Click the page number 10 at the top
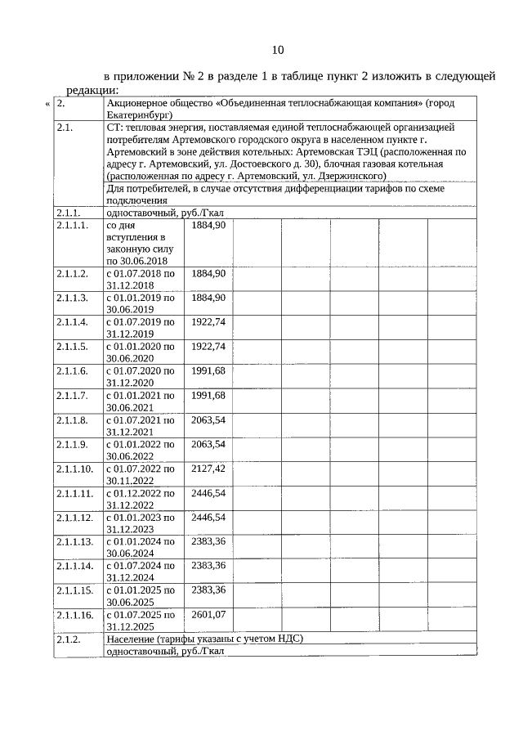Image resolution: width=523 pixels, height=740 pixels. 277,50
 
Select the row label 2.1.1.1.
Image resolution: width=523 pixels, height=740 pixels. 73,225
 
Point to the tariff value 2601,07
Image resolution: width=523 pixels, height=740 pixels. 208,614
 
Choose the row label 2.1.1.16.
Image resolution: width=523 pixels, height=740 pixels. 75,614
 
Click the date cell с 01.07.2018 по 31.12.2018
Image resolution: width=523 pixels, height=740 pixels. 141,279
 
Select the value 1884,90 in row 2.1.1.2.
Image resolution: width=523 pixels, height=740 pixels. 208,273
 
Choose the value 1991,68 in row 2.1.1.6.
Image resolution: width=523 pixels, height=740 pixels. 208,371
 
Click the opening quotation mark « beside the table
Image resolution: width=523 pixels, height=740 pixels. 47,105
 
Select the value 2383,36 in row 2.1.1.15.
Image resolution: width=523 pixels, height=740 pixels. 208,590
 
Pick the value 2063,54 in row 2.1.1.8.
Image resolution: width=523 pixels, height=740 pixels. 208,420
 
